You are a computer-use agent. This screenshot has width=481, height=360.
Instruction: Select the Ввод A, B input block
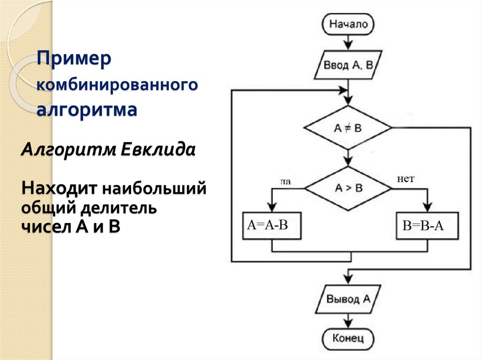[x=348, y=65]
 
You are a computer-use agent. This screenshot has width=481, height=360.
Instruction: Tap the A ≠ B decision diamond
[x=348, y=128]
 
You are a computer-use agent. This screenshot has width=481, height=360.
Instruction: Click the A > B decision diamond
[x=348, y=188]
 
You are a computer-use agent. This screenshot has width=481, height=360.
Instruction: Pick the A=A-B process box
[x=272, y=226]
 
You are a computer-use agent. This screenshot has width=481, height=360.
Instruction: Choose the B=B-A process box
[x=427, y=226]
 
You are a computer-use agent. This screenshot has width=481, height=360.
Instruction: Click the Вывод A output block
[x=348, y=299]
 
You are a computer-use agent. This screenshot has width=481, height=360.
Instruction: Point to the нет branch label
[x=406, y=178]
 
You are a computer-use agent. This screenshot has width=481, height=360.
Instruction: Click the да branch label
[x=285, y=181]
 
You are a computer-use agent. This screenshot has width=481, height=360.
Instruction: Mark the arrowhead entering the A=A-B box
[x=272, y=208]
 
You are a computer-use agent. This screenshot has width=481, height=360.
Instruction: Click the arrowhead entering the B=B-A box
[x=427, y=208]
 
